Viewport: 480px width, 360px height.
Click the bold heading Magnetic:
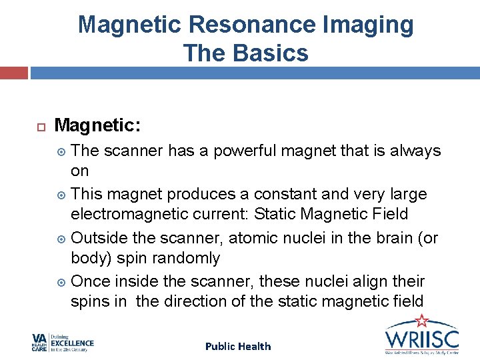pos(97,125)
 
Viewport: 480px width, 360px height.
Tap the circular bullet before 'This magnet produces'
pos(61,195)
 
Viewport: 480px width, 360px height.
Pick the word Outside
pos(100,237)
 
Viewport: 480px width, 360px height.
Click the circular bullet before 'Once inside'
pos(61,281)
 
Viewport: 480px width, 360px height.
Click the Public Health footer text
pos(238,346)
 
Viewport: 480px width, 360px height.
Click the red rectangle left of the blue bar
pos(13,73)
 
